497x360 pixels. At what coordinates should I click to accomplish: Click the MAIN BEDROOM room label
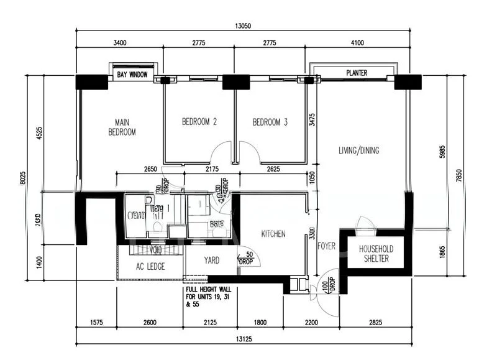point(122,127)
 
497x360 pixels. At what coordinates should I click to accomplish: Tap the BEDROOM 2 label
point(199,122)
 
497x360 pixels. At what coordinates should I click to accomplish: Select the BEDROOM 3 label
point(270,122)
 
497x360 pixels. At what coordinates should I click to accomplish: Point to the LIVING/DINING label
point(358,150)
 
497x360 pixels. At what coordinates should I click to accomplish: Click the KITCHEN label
point(273,234)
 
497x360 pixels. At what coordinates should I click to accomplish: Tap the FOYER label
point(326,246)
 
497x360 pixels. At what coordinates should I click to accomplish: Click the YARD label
point(211,261)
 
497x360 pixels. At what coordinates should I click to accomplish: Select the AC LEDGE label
point(150,267)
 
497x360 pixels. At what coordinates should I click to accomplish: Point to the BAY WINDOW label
point(132,75)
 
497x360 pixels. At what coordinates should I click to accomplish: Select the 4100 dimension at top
point(362,43)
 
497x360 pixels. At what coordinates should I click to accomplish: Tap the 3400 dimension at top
point(119,43)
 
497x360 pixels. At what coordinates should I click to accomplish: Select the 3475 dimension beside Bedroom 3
point(312,120)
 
